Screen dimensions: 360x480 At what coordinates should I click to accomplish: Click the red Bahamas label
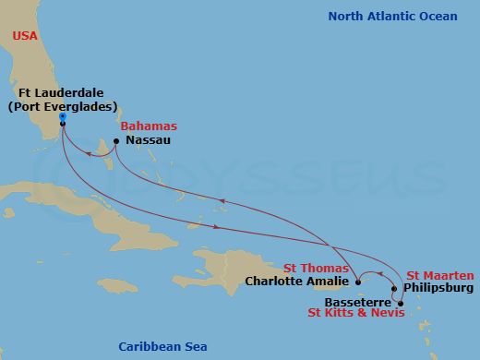point(150,126)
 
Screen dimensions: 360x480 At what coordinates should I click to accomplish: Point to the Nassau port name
point(148,141)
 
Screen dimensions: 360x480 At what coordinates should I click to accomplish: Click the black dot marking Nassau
point(116,141)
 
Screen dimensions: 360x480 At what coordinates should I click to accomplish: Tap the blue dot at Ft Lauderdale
point(62,116)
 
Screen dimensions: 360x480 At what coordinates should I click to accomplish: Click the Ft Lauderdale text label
point(61,93)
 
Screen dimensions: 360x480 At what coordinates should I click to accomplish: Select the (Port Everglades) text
point(62,107)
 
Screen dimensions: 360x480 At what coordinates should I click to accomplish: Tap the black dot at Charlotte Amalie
point(357,282)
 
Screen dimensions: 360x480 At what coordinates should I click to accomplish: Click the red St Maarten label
point(440,275)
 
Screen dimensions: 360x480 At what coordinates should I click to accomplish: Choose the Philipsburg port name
point(438,288)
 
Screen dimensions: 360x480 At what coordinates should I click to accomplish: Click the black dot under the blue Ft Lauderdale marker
point(62,124)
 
